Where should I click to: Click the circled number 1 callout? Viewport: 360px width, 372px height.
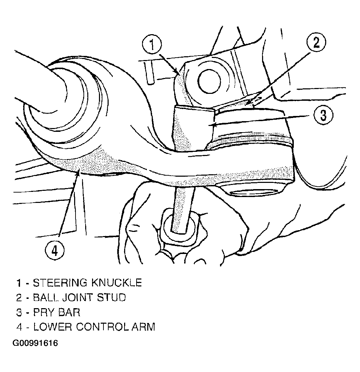pyautogui.click(x=152, y=45)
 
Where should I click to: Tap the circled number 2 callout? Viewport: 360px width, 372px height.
pyautogui.click(x=316, y=43)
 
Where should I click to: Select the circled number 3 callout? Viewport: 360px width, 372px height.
pyautogui.click(x=323, y=115)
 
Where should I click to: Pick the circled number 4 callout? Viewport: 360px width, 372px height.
pyautogui.click(x=54, y=251)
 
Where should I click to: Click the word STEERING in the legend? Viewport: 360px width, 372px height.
pyautogui.click(x=60, y=283)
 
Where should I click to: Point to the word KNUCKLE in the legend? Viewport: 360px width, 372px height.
pyautogui.click(x=117, y=283)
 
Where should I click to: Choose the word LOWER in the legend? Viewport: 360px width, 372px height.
pyautogui.click(x=53, y=327)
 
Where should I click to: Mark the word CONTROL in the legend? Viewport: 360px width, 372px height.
pyautogui.click(x=102, y=327)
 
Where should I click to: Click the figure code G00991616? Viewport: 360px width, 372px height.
pyautogui.click(x=35, y=343)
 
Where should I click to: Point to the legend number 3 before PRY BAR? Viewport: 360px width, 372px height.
pyautogui.click(x=19, y=312)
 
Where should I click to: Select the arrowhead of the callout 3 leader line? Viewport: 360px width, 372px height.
pyautogui.click(x=212, y=124)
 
